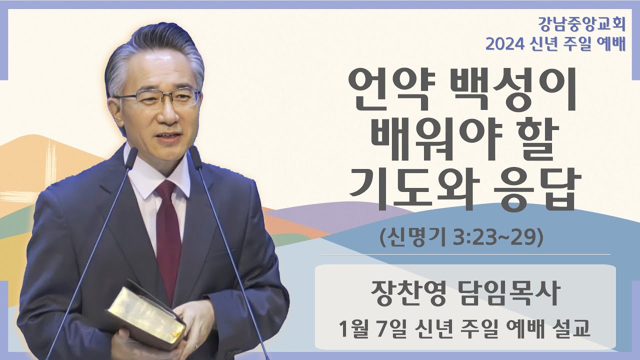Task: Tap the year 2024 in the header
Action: (x=504, y=44)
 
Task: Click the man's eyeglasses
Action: (x=157, y=97)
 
